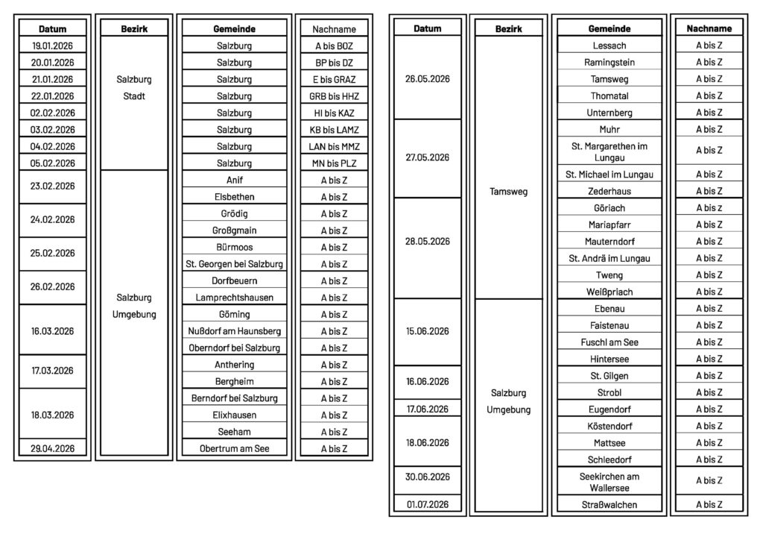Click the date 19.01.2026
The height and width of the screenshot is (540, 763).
pos(52,46)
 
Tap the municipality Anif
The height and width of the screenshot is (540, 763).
pos(235,180)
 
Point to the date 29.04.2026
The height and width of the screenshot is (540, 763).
pos(52,449)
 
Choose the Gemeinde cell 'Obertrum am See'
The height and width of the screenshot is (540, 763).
pos(235,449)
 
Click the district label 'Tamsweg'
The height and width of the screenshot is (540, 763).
pos(510,192)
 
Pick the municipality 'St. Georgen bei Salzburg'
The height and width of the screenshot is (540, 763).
pos(235,264)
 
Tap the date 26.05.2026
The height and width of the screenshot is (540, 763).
pos(428,78)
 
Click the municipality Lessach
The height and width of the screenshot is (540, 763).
pos(609,45)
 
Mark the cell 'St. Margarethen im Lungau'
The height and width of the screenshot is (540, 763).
pos(609,151)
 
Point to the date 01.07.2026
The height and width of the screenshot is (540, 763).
pos(428,505)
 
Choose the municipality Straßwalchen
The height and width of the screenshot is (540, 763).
pos(609,505)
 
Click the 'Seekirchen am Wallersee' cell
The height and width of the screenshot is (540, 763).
pos(609,482)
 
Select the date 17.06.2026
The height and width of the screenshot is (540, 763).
pos(428,409)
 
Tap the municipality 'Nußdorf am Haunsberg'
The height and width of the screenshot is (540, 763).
pos(235,331)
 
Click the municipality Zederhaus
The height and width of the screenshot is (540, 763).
pos(609,192)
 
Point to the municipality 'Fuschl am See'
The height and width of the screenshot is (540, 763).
pos(609,342)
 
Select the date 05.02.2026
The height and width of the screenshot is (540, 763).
pos(52,163)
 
